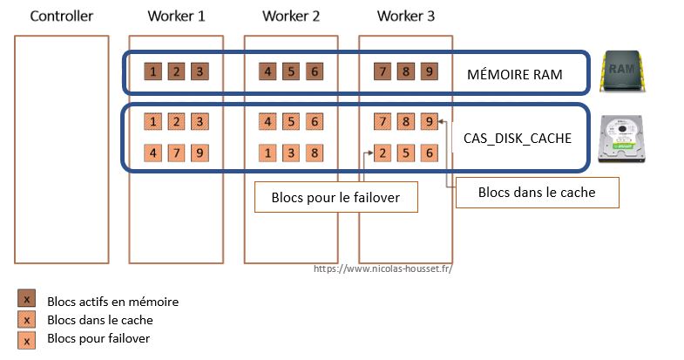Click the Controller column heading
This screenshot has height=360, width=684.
coord(61,16)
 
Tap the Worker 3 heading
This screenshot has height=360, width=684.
coord(406,16)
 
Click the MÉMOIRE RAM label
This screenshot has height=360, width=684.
coord(514,75)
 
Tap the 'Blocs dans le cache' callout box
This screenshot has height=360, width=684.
coord(537,193)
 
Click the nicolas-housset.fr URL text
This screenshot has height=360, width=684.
coord(383,268)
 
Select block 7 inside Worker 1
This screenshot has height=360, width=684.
coord(176,153)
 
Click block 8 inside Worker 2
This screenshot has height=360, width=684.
coord(314,153)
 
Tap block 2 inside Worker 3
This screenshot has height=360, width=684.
coord(383,153)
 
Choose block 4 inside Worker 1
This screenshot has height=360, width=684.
coord(153,153)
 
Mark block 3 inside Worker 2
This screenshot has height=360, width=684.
coord(291,153)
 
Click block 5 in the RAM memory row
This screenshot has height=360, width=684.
coord(291,71)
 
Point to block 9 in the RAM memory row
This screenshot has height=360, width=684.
coord(428,71)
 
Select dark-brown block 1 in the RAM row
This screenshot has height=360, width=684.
coord(153,71)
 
